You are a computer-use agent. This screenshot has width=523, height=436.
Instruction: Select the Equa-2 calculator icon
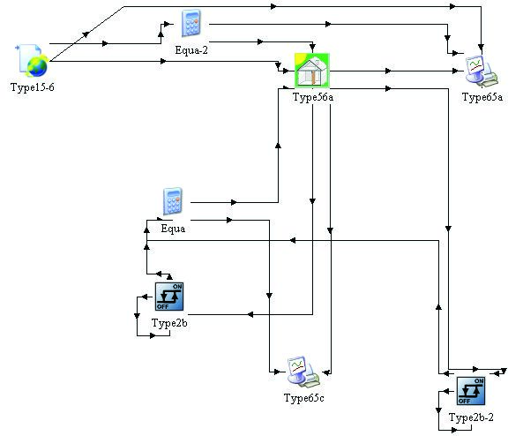tap(191, 23)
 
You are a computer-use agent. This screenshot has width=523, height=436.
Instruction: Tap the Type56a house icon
tap(312, 71)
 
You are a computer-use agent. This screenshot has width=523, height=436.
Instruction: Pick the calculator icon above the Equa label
tap(173, 201)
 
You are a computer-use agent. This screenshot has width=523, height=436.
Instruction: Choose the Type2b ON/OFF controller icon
tap(169, 297)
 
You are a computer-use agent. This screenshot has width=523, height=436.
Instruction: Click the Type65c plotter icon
tap(303, 372)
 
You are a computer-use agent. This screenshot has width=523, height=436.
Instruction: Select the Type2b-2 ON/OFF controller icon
tap(471, 391)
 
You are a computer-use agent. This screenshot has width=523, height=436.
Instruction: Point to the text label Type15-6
tap(33, 87)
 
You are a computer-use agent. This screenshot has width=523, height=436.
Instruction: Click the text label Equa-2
tap(191, 50)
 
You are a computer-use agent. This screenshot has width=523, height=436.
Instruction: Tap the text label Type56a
tap(313, 97)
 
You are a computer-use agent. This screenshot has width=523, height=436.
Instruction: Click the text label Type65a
tap(482, 97)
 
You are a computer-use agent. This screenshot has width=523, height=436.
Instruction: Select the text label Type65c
tap(304, 398)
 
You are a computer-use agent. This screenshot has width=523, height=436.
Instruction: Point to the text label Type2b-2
tap(471, 417)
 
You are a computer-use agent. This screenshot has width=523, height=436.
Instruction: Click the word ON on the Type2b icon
tap(177, 287)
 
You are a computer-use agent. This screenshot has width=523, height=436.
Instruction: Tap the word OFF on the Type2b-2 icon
tap(464, 401)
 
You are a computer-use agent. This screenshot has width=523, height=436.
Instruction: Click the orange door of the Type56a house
tap(313, 77)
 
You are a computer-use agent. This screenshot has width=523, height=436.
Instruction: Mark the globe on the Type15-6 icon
tap(37, 66)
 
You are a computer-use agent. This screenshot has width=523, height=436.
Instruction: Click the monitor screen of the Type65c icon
tap(296, 366)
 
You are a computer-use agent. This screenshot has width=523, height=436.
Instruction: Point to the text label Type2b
tap(169, 323)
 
